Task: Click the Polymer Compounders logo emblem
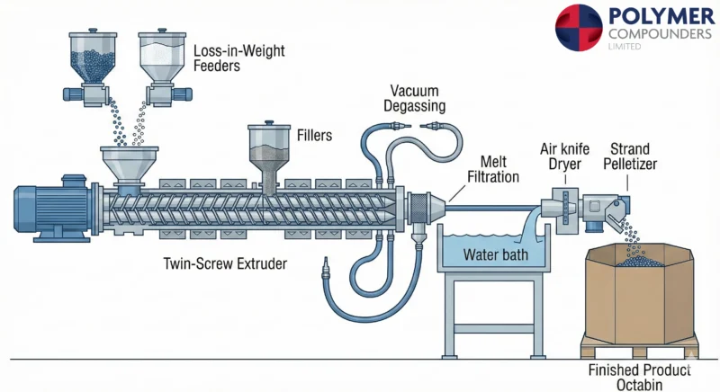[x=579, y=27]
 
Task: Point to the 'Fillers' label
[x=315, y=136]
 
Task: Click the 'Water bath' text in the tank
[x=493, y=254]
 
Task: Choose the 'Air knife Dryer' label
[x=562, y=157]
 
